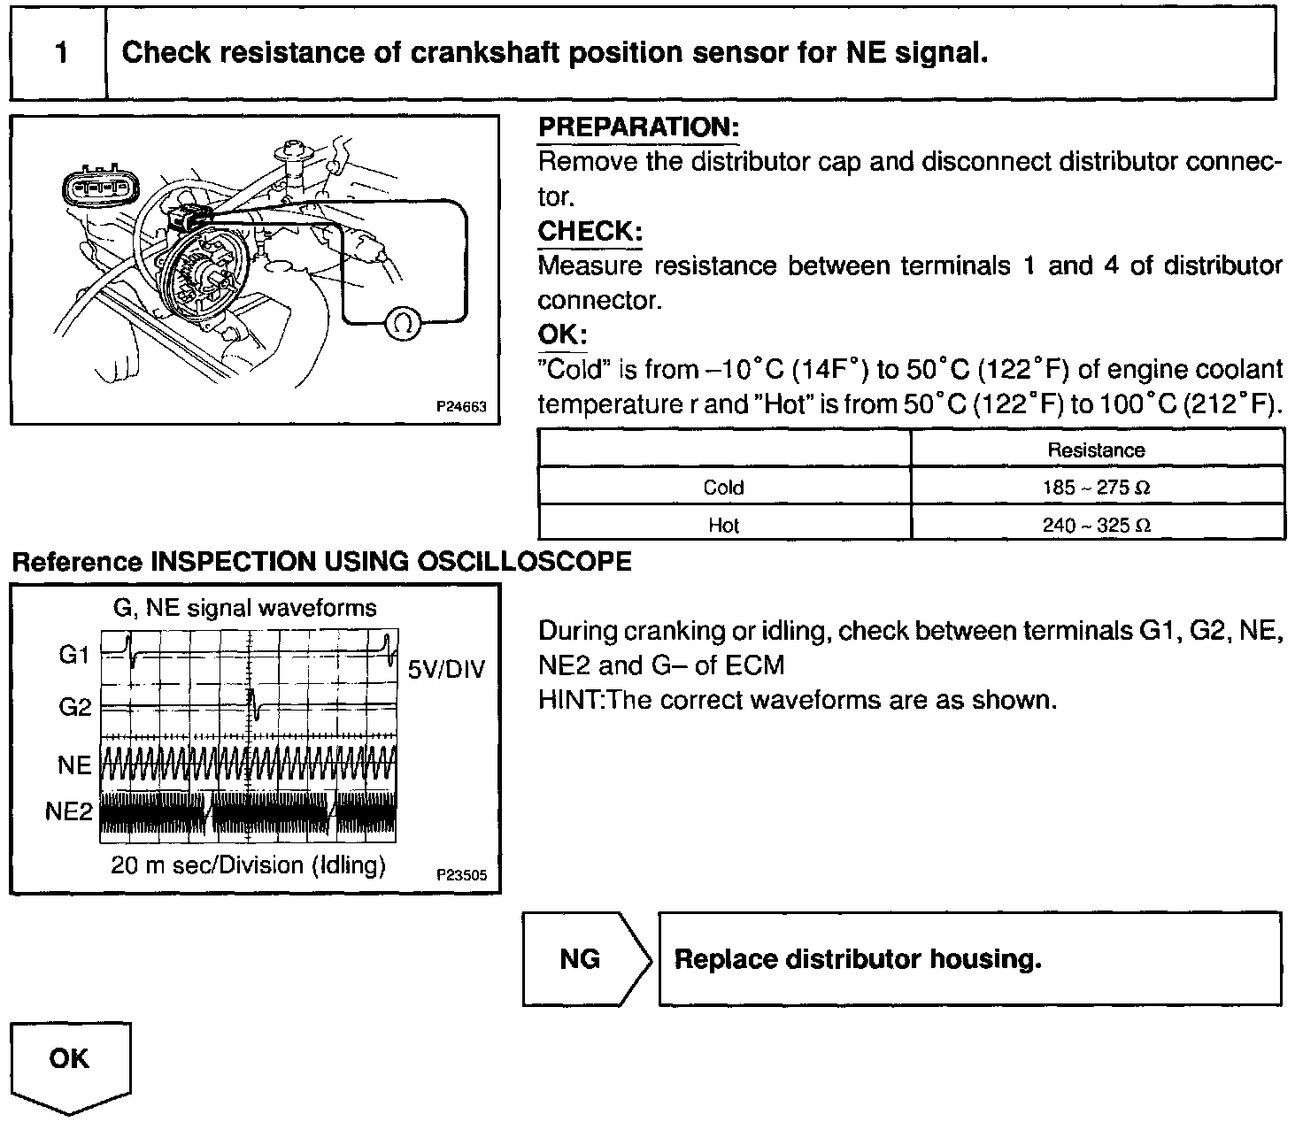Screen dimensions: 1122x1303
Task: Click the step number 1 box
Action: click(x=59, y=53)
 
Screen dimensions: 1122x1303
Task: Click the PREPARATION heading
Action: click(x=637, y=127)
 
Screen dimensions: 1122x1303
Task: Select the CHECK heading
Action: click(x=590, y=231)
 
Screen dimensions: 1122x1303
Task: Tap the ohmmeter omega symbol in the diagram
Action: click(x=402, y=324)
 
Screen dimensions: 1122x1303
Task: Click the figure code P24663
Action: click(x=462, y=408)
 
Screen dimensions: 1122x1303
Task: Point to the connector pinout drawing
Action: click(x=98, y=188)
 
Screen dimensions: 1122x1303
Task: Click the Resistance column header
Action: click(x=1096, y=450)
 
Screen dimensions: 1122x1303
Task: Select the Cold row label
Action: click(x=723, y=488)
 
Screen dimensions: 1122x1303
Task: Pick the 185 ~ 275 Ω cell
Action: click(x=1096, y=488)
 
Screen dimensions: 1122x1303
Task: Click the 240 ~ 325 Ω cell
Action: click(x=1096, y=526)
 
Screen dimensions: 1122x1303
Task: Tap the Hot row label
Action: click(x=723, y=526)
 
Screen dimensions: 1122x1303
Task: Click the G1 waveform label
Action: click(x=75, y=656)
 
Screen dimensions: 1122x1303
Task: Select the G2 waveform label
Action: click(x=75, y=708)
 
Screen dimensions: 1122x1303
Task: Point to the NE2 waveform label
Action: click(x=69, y=811)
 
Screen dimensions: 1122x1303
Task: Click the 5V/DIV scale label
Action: click(x=447, y=669)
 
